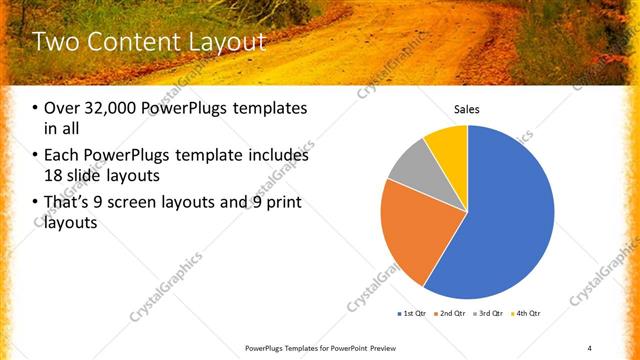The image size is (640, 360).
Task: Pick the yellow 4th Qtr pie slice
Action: point(448,148)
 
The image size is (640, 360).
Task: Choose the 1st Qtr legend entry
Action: point(412,314)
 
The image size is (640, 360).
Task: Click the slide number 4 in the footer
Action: point(590,347)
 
